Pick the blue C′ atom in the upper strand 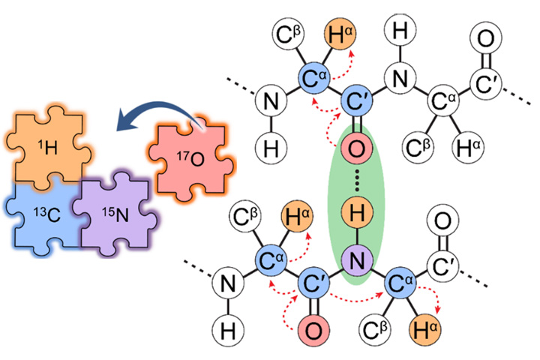tap(358, 100)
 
